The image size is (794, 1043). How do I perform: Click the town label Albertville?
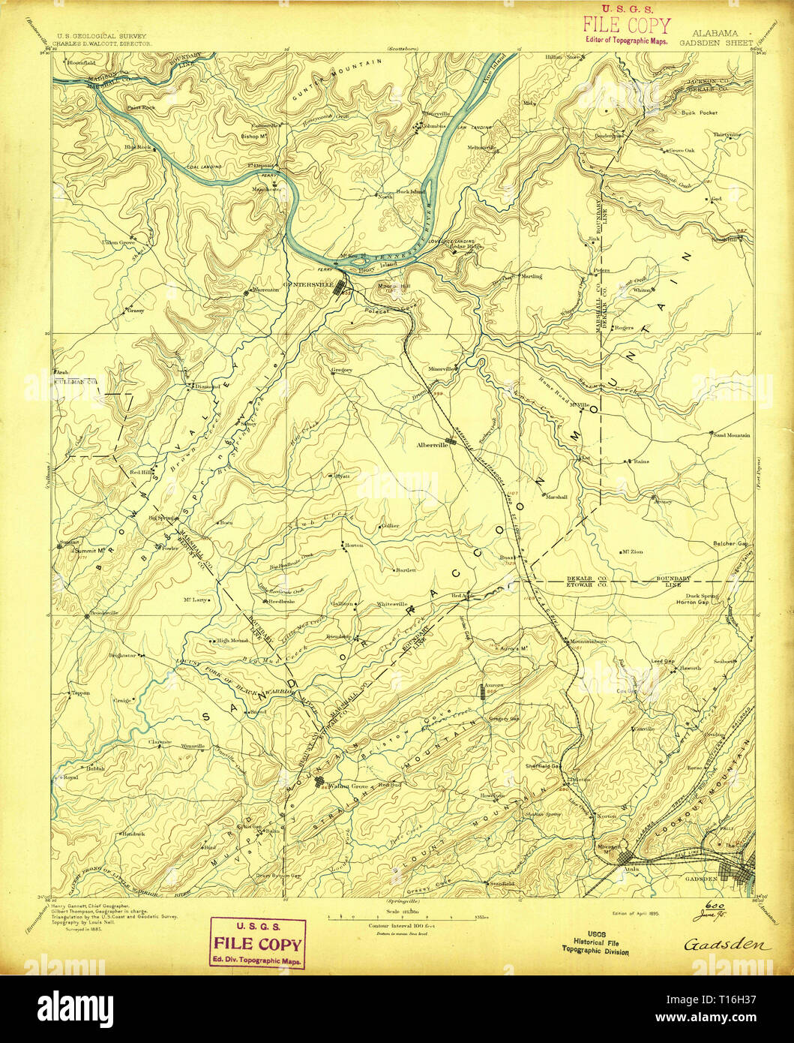pyautogui.click(x=431, y=444)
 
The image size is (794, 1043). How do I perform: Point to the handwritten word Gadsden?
pyautogui.click(x=727, y=944)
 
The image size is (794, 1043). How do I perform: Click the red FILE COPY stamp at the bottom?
pyautogui.click(x=259, y=942)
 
